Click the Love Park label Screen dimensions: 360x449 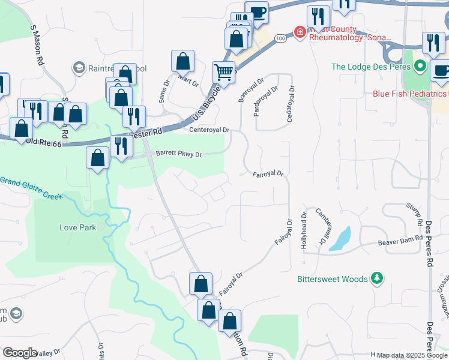[x=77, y=227]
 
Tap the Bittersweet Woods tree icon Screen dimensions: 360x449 [x=376, y=278]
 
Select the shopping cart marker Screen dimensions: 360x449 [x=223, y=73]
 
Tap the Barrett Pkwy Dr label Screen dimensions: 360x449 [x=178, y=154]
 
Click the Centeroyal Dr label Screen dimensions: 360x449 [x=209, y=130]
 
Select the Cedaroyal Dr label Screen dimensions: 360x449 [x=291, y=104]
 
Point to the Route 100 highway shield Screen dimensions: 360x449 [x=280, y=38]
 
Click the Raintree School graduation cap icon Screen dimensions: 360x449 [x=79, y=68]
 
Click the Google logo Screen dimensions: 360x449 [x=20, y=353]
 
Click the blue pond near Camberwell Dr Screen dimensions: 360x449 [x=340, y=239]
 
